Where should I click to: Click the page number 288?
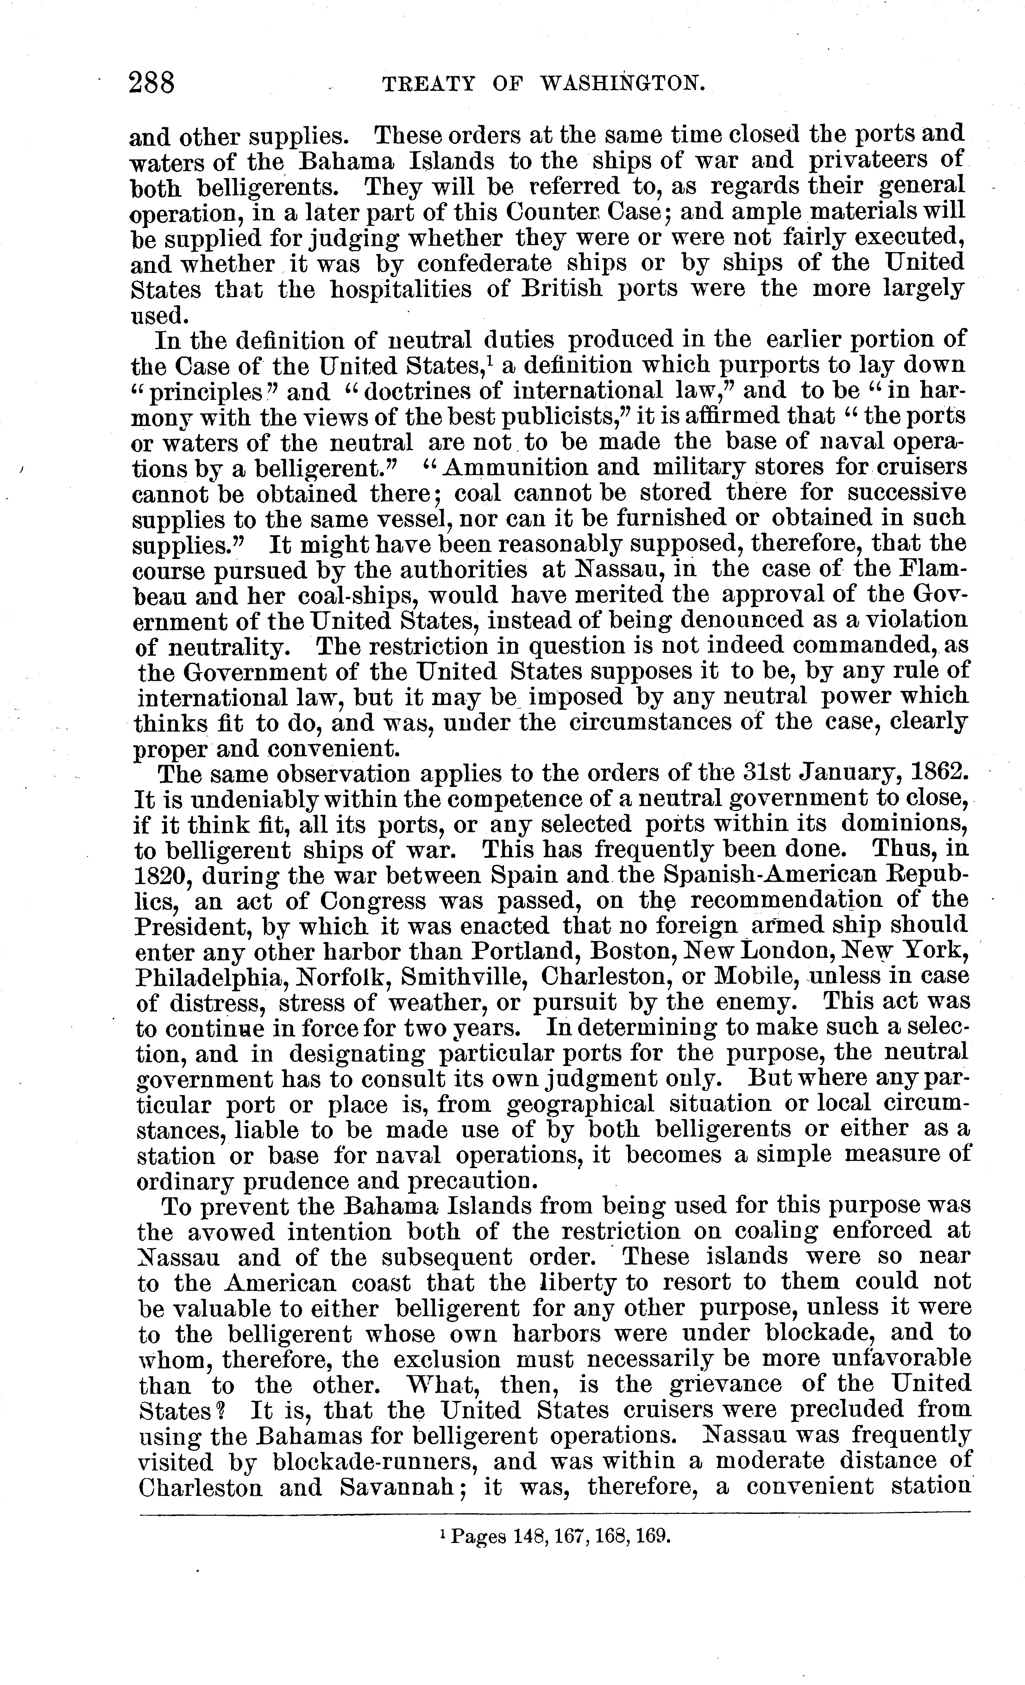point(152,84)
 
